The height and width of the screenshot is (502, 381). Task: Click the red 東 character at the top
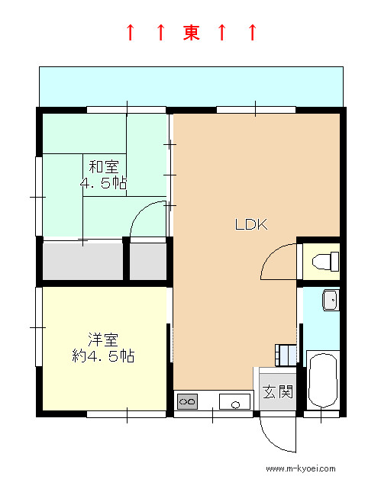coord(192,32)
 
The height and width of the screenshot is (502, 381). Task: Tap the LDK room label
coord(251,224)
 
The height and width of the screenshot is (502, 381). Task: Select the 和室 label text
coord(104,167)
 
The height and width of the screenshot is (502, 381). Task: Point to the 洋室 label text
coord(103,339)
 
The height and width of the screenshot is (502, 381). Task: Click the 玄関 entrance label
coord(278,391)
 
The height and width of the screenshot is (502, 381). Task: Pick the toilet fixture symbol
coord(325,262)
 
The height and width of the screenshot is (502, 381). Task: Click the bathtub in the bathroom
coord(323,380)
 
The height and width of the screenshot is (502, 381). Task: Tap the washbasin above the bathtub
coord(331,300)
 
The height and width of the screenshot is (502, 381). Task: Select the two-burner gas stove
coord(188,401)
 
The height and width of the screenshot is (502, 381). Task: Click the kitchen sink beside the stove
coord(234,401)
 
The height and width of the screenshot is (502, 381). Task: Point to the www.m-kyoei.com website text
coord(301,469)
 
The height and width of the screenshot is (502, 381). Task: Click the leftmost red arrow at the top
coord(130,32)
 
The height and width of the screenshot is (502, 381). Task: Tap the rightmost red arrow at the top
coord(253,32)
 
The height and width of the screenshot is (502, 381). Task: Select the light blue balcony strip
coord(192,86)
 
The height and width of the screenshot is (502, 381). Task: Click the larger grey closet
coord(83,261)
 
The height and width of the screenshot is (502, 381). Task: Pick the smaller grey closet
coord(148,261)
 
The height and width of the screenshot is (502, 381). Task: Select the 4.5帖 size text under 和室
coord(103,183)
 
